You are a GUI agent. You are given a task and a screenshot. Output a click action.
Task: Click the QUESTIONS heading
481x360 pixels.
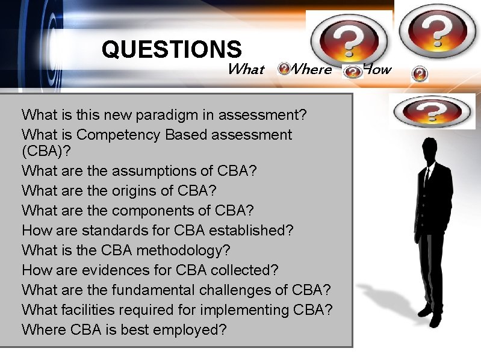tap(172, 49)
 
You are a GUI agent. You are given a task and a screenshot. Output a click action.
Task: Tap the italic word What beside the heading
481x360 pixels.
tap(246, 69)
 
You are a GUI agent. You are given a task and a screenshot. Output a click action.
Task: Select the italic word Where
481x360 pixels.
tap(311, 69)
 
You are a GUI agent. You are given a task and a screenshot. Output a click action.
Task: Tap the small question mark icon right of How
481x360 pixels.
tap(420, 74)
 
